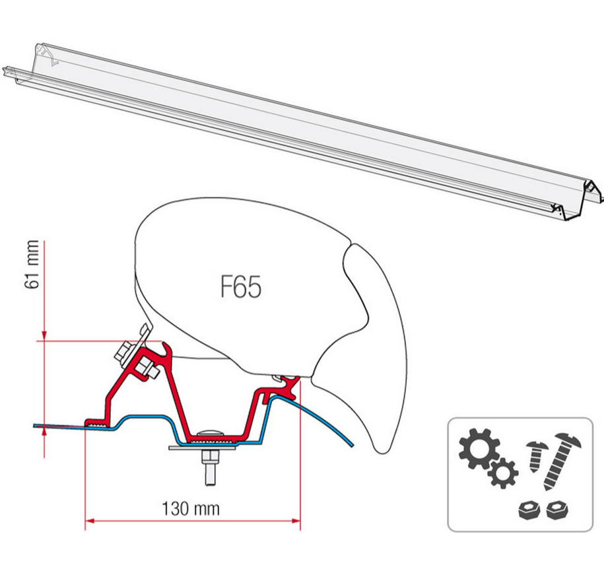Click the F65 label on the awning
pyautogui.click(x=240, y=288)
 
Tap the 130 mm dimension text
pyautogui.click(x=191, y=508)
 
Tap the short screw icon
pyautogui.click(x=536, y=454)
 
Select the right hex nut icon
pyautogui.click(x=556, y=510)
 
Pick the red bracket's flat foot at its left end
pyautogui.click(x=96, y=421)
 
